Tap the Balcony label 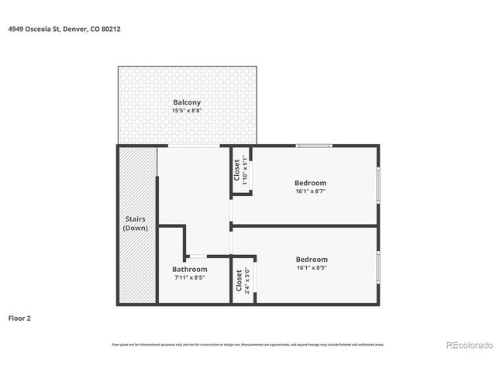click(187, 102)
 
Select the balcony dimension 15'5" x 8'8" click(187, 111)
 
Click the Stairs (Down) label click(136, 224)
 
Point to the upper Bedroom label click(311, 183)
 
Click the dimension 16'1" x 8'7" click(311, 191)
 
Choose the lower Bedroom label click(312, 260)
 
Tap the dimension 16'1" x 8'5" click(312, 268)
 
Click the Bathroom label click(190, 269)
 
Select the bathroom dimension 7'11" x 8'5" click(190, 277)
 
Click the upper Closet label click(236, 170)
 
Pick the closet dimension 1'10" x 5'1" click(244, 170)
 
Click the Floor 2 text click(19, 318)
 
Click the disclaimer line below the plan click(248, 344)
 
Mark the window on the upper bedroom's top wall click(315, 146)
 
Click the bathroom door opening click(198, 256)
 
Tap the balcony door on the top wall click(193, 146)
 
